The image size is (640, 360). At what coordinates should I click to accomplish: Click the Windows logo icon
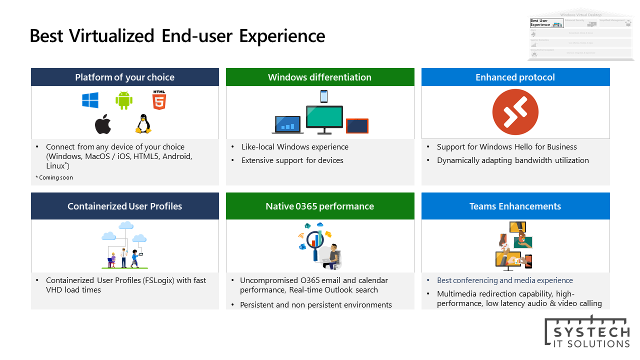(x=90, y=100)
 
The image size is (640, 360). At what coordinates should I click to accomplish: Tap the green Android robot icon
(x=124, y=100)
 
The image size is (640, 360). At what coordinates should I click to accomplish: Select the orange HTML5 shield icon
(x=159, y=100)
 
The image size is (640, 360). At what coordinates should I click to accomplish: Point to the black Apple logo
(x=103, y=124)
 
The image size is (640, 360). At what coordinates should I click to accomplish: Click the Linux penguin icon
(x=143, y=124)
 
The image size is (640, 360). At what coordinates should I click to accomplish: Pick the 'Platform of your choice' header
(x=125, y=77)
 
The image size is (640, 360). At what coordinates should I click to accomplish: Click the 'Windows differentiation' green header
(x=320, y=77)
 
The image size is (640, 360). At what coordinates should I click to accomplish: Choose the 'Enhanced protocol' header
(x=515, y=77)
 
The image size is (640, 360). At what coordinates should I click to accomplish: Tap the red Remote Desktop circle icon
(x=515, y=112)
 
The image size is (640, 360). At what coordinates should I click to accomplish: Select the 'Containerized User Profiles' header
(x=125, y=206)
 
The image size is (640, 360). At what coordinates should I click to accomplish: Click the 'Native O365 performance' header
(x=320, y=206)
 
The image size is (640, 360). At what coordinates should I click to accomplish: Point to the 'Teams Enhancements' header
(x=515, y=206)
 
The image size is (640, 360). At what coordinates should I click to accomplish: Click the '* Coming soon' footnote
(x=54, y=177)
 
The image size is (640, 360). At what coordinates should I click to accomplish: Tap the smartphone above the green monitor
(x=324, y=96)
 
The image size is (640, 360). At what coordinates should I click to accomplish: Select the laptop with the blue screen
(x=287, y=124)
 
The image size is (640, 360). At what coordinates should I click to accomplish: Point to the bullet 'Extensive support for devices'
(x=292, y=160)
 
